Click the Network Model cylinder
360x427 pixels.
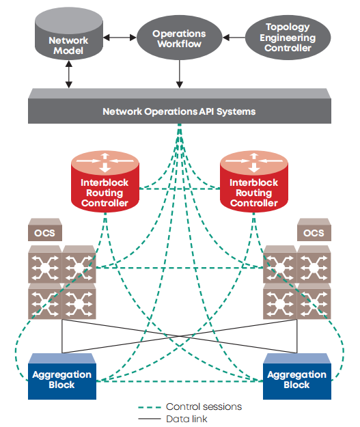(x=68, y=33)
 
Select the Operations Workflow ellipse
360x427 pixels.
(x=179, y=38)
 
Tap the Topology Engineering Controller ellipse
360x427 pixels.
(x=288, y=38)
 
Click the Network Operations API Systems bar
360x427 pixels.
(x=180, y=106)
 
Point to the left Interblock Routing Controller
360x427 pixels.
(x=105, y=181)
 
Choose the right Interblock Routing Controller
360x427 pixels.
(x=254, y=181)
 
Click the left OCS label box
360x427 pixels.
(x=45, y=230)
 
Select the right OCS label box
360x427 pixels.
(x=314, y=230)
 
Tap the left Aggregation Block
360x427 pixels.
(x=62, y=376)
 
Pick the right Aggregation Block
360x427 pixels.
(x=297, y=376)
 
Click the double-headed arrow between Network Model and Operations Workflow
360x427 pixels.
(x=120, y=38)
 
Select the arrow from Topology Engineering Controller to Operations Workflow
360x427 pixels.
(x=234, y=38)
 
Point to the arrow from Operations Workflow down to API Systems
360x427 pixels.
(x=179, y=74)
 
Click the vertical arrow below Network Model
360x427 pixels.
(x=68, y=74)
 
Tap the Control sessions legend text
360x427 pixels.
(x=204, y=407)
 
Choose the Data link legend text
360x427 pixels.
(x=186, y=419)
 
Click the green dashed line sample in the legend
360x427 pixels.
(x=150, y=407)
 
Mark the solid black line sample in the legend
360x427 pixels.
(x=150, y=419)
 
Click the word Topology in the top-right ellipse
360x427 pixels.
(x=288, y=27)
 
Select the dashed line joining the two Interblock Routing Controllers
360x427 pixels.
(x=180, y=189)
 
